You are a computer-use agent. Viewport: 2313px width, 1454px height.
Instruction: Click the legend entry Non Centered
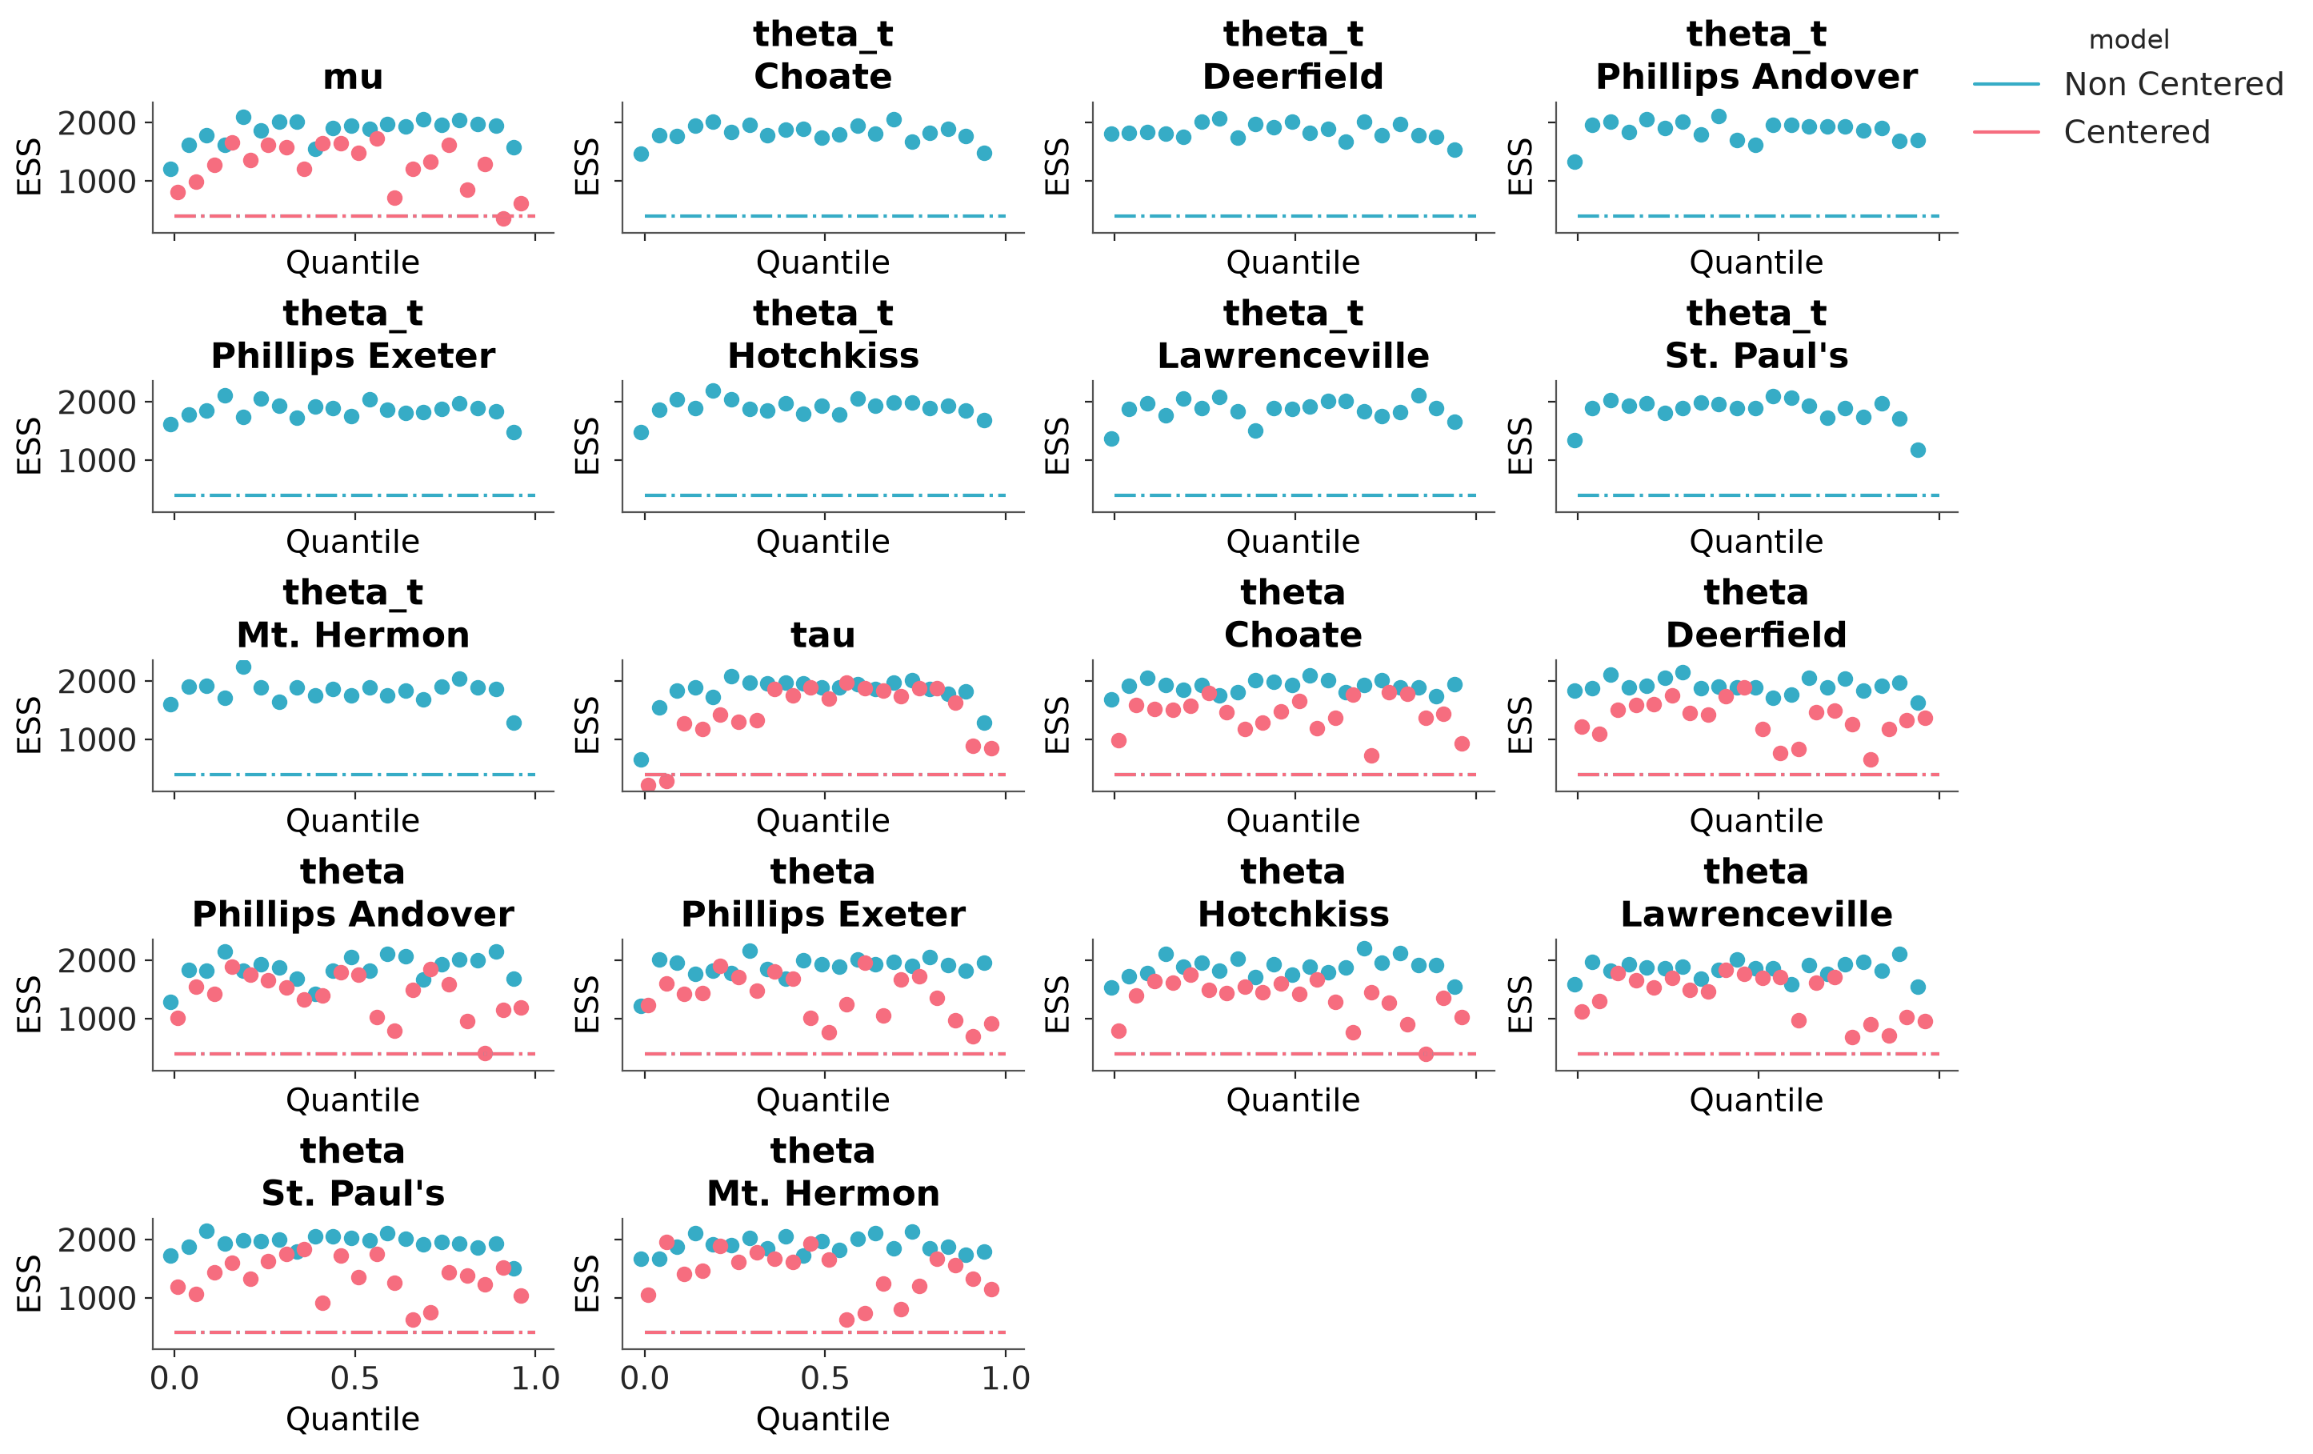[x=2173, y=85]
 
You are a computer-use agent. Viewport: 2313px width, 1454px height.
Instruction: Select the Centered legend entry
[x=2136, y=132]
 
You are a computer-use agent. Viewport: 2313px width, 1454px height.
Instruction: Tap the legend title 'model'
[x=2128, y=40]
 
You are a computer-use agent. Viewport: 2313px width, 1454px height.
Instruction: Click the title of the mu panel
[x=353, y=77]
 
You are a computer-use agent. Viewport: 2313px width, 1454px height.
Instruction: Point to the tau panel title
[x=823, y=635]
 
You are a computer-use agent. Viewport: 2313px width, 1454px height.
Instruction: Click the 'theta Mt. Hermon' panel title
[x=823, y=1172]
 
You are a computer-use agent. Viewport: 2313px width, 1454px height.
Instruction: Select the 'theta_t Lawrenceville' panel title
[x=1293, y=334]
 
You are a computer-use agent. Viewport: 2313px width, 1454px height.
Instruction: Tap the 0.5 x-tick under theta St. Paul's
[x=355, y=1378]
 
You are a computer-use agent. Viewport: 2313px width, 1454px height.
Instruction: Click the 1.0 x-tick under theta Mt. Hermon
[x=1006, y=1378]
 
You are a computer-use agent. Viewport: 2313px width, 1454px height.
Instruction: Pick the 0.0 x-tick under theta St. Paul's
[x=174, y=1378]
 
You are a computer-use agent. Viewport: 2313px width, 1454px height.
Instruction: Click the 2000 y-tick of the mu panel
[x=97, y=123]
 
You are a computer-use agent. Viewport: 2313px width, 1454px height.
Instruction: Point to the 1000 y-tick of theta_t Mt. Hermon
[x=97, y=740]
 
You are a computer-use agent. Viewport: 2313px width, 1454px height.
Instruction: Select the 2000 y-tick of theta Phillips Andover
[x=97, y=961]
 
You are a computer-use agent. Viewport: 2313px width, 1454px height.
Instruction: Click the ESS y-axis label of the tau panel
[x=587, y=726]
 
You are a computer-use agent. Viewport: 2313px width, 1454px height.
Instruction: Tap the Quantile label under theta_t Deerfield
[x=1293, y=262]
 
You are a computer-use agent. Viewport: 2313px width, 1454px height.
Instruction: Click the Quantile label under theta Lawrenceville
[x=1756, y=1100]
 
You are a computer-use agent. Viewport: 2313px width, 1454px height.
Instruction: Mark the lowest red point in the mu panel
[x=503, y=219]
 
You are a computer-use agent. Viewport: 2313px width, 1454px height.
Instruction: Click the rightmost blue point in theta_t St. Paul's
[x=1919, y=450]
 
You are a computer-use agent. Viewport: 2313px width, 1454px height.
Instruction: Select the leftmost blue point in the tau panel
[x=641, y=760]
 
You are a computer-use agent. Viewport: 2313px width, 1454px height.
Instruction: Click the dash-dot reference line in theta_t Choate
[x=825, y=216]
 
